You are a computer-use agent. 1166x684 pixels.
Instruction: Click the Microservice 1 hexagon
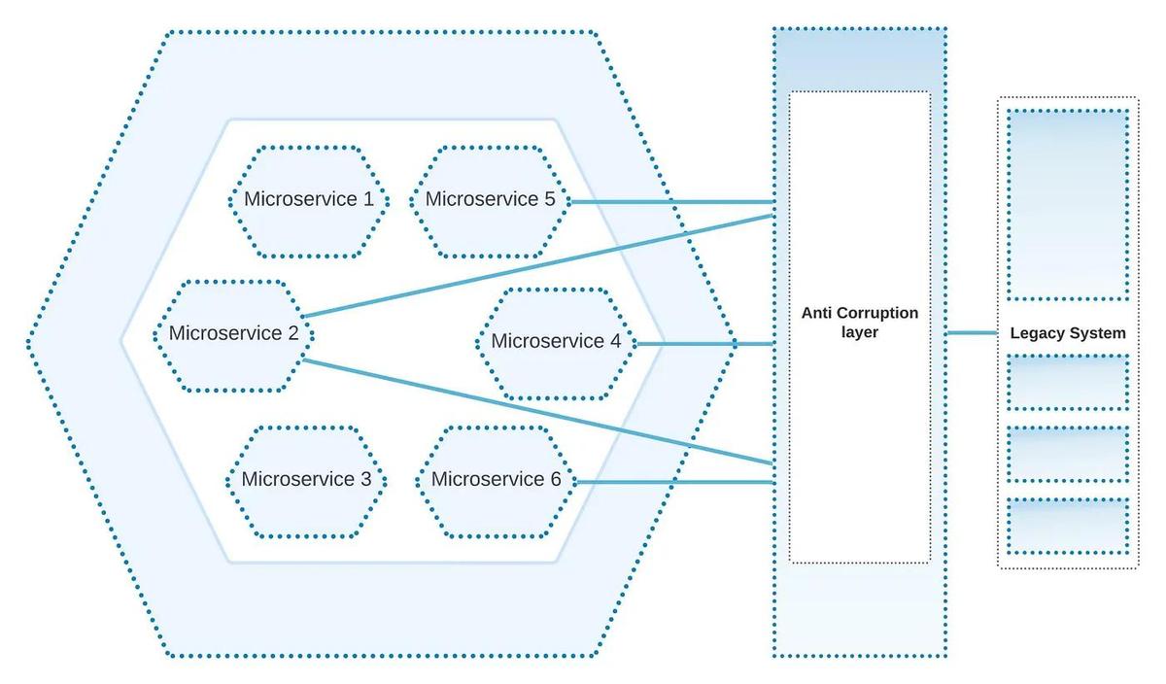click(x=308, y=201)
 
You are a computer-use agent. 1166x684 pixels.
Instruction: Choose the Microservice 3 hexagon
click(x=306, y=480)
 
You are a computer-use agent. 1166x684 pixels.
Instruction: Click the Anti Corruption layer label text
click(x=859, y=323)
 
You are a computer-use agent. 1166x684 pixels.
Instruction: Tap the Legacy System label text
click(x=1068, y=333)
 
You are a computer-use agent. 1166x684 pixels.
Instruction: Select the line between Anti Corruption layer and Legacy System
click(x=972, y=332)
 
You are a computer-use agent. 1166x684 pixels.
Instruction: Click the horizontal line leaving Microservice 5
click(x=670, y=202)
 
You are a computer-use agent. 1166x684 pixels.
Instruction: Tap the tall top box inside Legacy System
click(x=1068, y=204)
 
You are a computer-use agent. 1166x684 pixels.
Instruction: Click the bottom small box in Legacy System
click(x=1068, y=526)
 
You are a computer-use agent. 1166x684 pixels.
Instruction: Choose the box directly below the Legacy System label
click(x=1068, y=382)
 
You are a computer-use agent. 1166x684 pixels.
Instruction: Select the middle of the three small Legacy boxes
click(x=1068, y=454)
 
